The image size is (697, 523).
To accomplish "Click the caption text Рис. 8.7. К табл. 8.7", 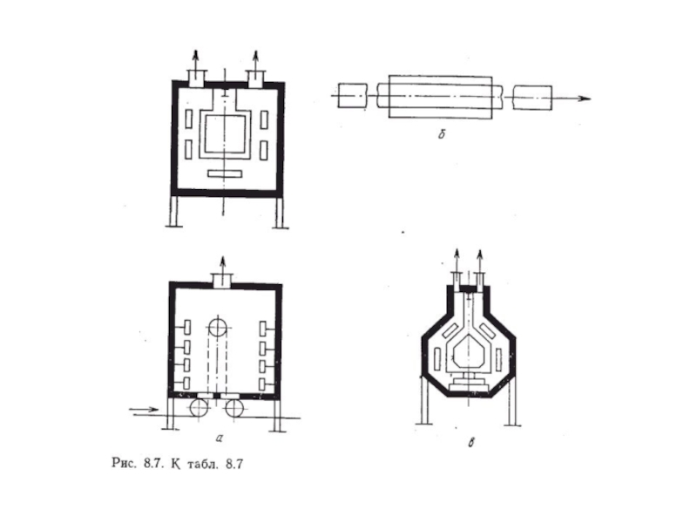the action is [x=178, y=464].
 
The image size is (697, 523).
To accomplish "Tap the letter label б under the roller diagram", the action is [x=441, y=134].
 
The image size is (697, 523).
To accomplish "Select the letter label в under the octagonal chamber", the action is [x=471, y=443].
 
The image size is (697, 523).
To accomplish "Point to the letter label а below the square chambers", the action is [x=219, y=438].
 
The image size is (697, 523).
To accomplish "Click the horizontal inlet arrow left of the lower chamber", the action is [x=144, y=410].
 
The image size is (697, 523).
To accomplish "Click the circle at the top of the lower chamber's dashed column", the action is [x=218, y=328].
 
